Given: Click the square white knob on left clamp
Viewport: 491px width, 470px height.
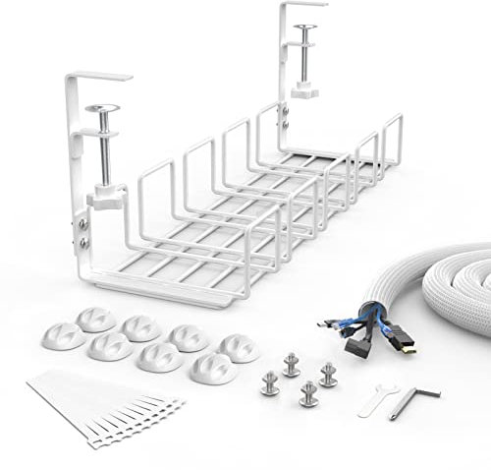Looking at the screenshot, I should click(102, 198).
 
